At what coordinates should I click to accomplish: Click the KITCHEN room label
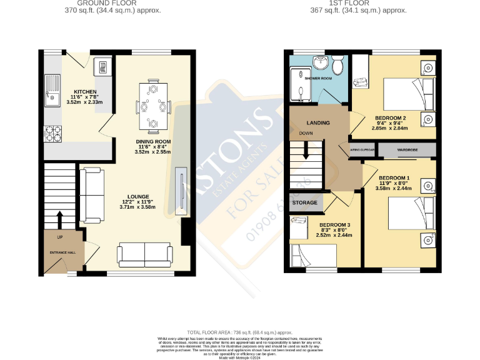(84, 91)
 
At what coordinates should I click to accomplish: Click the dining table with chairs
(153, 107)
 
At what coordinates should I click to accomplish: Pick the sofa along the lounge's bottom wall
(145, 254)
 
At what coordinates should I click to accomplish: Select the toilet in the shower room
(337, 64)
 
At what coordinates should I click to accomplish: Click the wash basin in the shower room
(320, 62)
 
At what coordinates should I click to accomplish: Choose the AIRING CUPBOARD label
(362, 151)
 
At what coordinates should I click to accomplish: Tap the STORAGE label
(306, 202)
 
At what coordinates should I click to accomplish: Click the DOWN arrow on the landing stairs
(305, 150)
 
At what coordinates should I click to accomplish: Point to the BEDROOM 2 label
(391, 118)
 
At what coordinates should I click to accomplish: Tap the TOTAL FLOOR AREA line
(239, 332)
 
